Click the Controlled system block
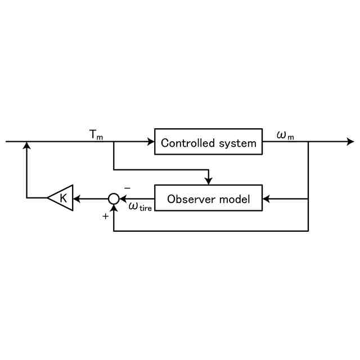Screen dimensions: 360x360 208,142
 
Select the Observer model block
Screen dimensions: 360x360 208,198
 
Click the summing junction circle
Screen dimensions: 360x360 114,198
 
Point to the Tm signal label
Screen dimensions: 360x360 96,135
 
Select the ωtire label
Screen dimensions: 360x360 140,207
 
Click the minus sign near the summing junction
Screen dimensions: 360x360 127,188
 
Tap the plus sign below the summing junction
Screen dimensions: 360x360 105,215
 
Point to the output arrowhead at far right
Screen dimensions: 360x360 350,142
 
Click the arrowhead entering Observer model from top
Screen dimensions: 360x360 208,181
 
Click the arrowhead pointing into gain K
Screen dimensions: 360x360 77,198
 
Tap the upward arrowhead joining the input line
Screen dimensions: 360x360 26,146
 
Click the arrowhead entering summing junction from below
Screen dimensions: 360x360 114,207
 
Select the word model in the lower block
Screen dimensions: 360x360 236,199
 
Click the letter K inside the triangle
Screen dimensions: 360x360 64,198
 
